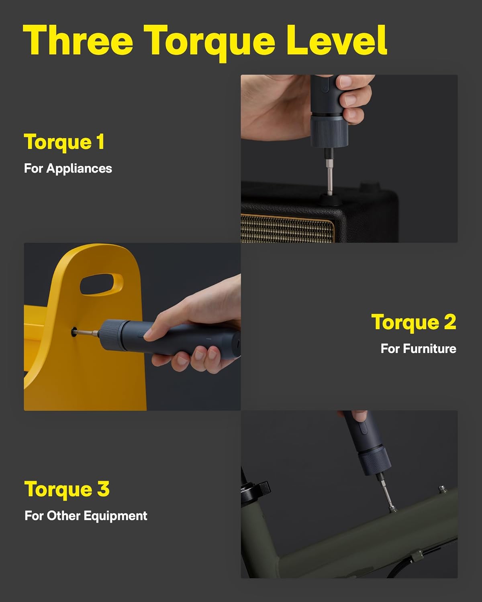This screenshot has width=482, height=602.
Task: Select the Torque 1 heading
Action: tap(64, 142)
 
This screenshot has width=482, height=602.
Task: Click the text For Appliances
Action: tap(68, 168)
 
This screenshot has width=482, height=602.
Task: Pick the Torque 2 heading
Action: tap(413, 322)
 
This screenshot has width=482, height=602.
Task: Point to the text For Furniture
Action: tap(418, 348)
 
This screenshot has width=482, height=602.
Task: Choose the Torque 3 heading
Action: tap(67, 489)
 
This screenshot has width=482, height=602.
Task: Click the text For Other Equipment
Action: tap(86, 516)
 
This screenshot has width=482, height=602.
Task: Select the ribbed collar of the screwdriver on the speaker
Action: tap(327, 130)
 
